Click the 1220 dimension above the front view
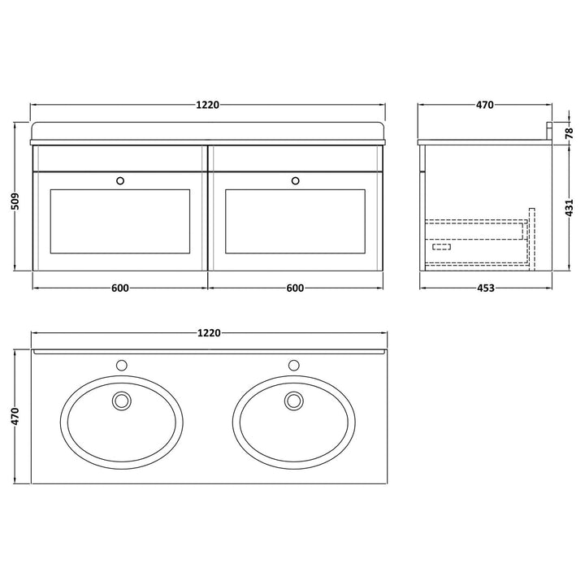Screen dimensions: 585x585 [x=207, y=105]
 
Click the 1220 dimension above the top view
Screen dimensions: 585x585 [x=209, y=332]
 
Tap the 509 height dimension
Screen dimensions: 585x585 [x=15, y=201]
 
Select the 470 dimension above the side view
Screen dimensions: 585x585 [x=484, y=105]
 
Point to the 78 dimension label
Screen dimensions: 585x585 [x=569, y=133]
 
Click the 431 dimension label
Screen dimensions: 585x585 [x=569, y=207]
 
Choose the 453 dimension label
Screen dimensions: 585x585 [x=485, y=288]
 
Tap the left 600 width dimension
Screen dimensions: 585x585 [x=119, y=288]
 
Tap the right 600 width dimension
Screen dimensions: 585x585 [x=295, y=288]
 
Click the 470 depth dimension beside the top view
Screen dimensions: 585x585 [x=15, y=416]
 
